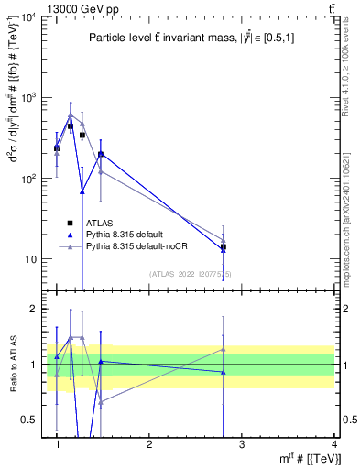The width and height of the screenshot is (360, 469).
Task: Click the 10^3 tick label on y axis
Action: point(29,98)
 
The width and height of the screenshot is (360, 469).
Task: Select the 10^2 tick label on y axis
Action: point(29,179)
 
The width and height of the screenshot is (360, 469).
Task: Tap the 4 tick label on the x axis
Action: point(334,444)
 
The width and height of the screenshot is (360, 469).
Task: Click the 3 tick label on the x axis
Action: point(242,444)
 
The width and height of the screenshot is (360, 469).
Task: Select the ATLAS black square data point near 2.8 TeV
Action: point(224,247)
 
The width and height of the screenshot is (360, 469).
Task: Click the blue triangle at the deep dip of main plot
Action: point(82,191)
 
